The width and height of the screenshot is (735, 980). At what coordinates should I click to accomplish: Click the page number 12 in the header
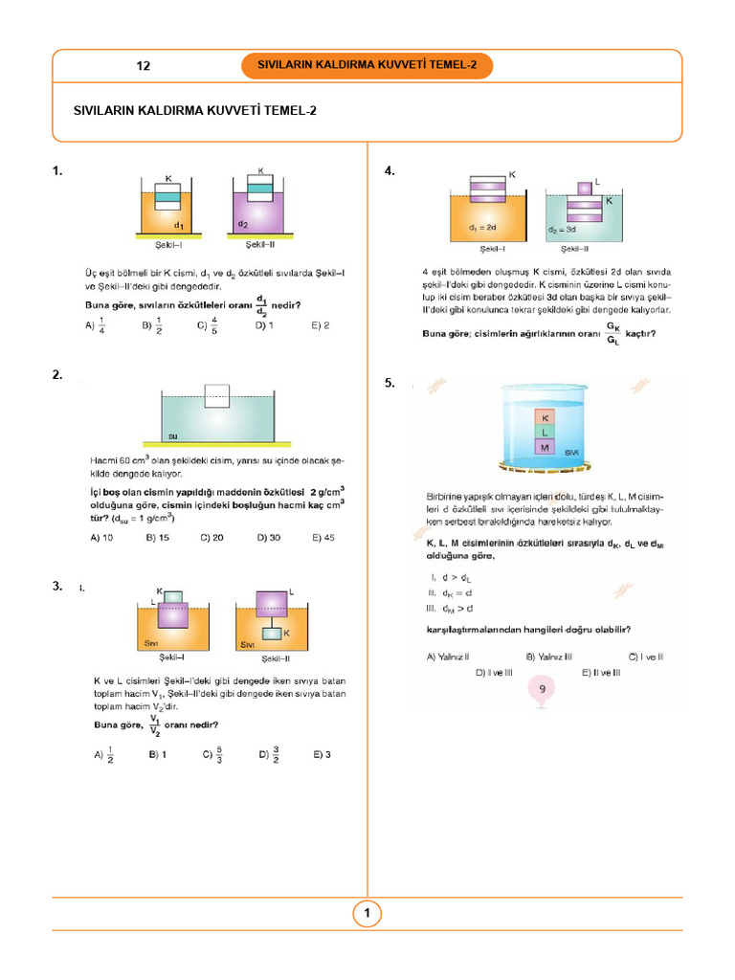[x=144, y=66]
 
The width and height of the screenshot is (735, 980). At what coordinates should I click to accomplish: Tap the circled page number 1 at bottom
[x=367, y=914]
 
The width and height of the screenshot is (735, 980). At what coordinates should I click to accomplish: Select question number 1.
[x=58, y=170]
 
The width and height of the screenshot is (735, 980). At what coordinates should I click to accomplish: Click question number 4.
[x=390, y=170]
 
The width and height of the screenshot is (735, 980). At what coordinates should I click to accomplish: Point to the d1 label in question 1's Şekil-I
[x=179, y=225]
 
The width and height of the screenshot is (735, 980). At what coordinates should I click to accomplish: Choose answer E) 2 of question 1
[x=321, y=325]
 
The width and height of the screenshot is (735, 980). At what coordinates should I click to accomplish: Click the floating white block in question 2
[x=217, y=396]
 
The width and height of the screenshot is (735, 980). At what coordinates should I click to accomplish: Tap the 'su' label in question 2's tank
[x=174, y=435]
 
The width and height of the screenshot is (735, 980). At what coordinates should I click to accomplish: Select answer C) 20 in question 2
[x=212, y=538]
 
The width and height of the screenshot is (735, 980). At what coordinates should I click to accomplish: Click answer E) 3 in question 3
[x=321, y=755]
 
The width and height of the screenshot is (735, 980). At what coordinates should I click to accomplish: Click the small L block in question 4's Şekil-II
[x=584, y=187]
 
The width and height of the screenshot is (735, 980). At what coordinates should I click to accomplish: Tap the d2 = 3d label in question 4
[x=563, y=231]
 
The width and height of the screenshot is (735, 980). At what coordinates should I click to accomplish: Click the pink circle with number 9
[x=543, y=688]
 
